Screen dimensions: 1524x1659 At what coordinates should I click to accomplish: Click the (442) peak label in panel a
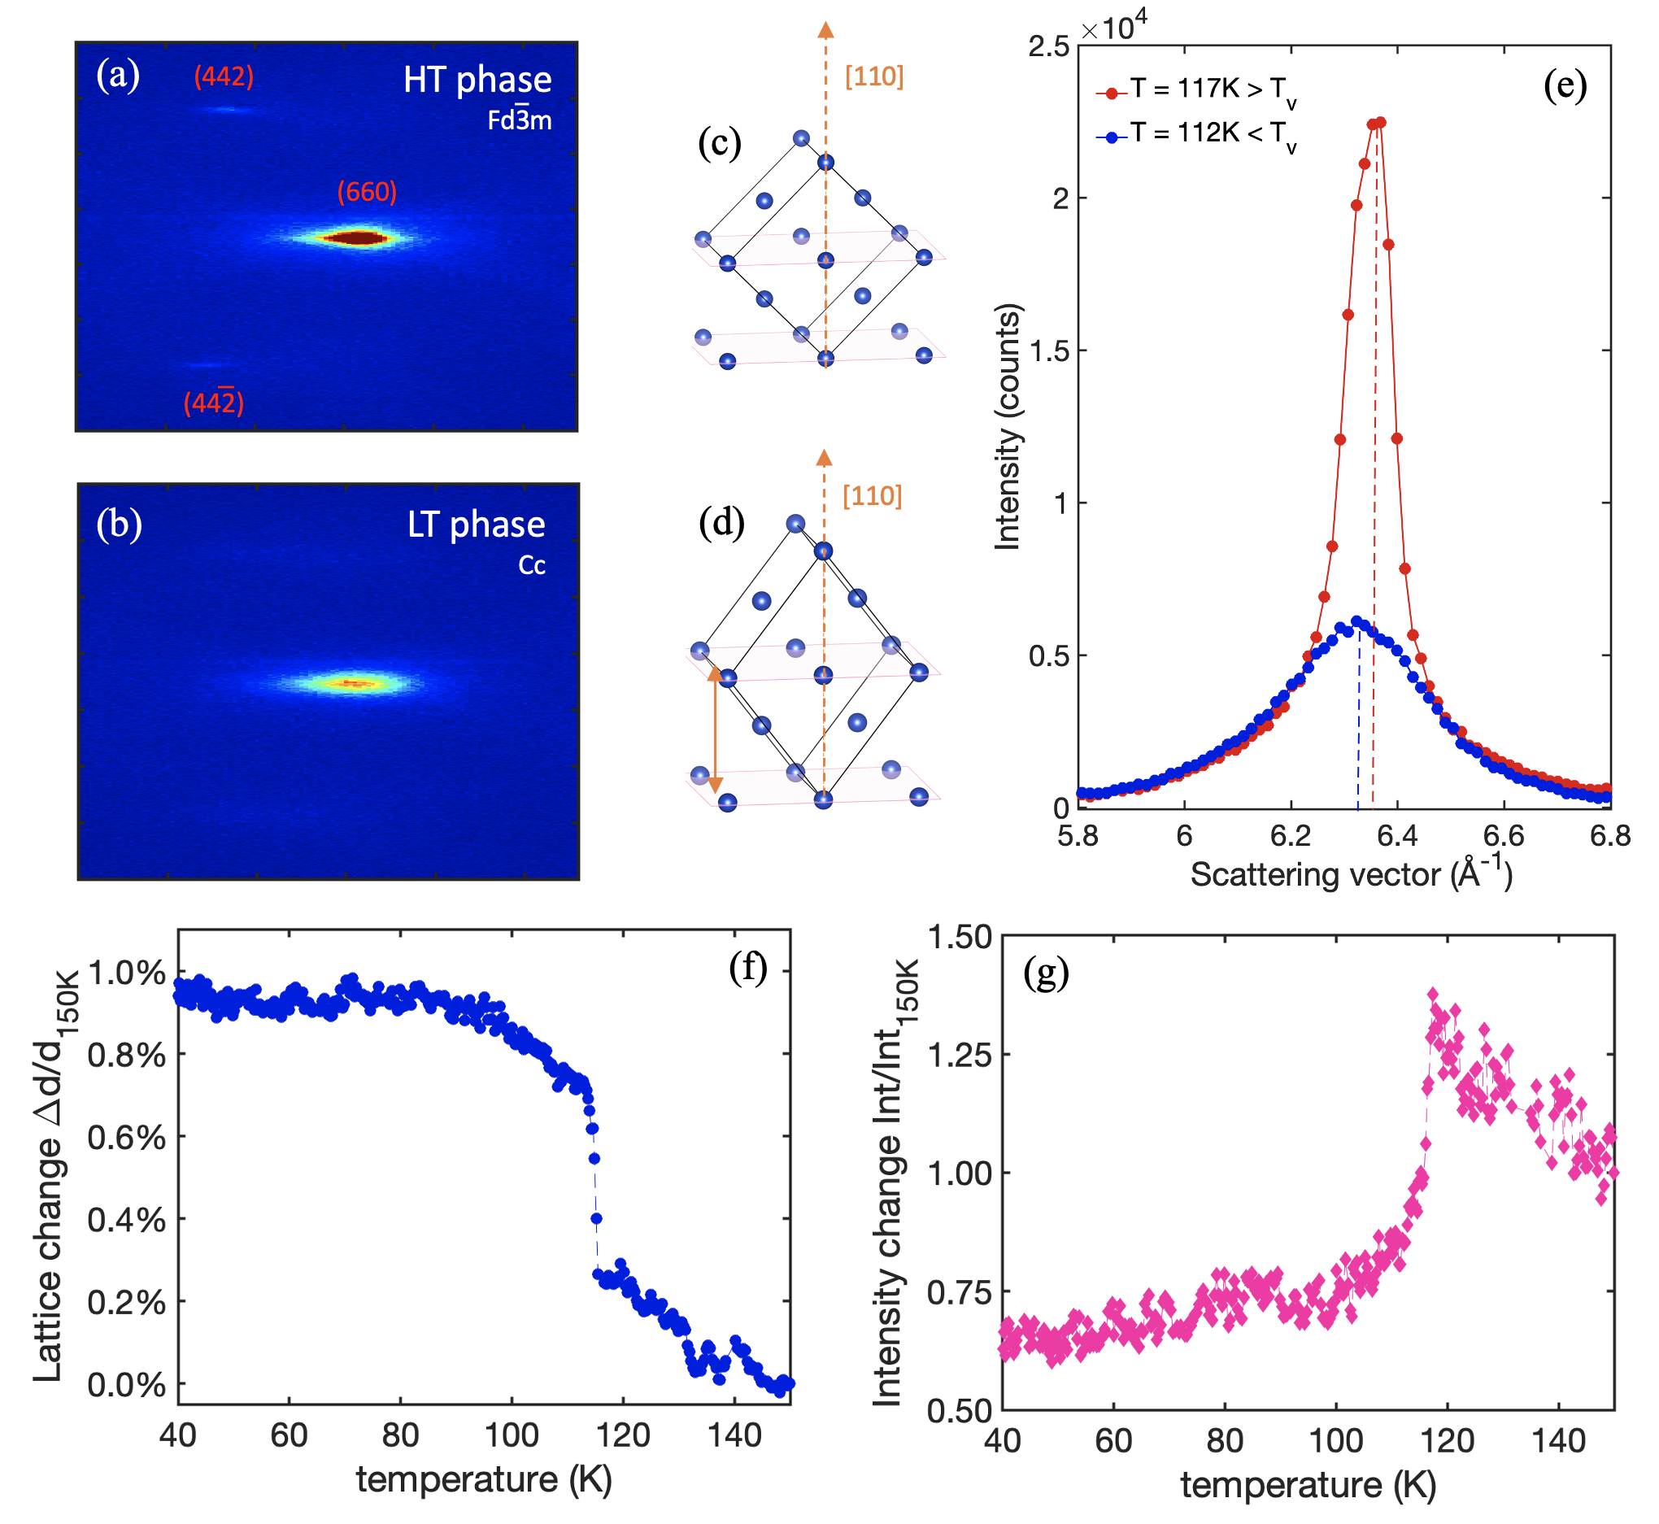pos(224,76)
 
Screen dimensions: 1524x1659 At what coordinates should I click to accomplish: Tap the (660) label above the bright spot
pos(367,192)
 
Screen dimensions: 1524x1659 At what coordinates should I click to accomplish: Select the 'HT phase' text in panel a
pos(477,80)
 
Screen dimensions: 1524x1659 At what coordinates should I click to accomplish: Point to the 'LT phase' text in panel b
pos(477,525)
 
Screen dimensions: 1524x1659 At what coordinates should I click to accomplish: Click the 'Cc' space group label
pos(532,566)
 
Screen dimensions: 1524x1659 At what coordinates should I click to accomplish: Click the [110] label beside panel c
pos(874,76)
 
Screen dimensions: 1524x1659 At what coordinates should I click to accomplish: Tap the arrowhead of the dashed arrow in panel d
pos(824,459)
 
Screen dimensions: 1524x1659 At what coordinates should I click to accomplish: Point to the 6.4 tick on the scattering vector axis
pos(1398,836)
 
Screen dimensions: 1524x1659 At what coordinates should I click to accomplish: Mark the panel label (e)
pos(1565,85)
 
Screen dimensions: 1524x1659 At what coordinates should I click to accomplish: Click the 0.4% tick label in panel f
pos(126,1220)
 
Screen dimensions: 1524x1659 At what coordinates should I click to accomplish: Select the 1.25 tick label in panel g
pos(960,1055)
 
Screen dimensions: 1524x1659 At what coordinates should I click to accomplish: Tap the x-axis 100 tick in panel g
pos(1336,1441)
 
